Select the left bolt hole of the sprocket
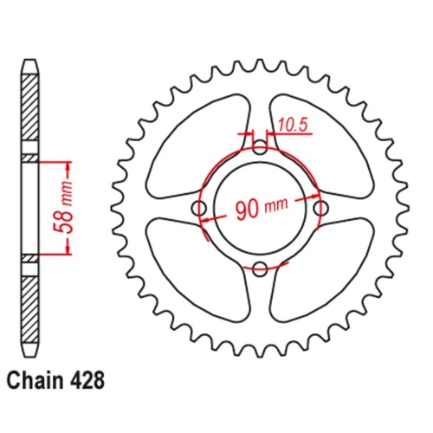coord(199,209)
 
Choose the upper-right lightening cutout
coord(325,139)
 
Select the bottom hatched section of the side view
coord(31,307)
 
